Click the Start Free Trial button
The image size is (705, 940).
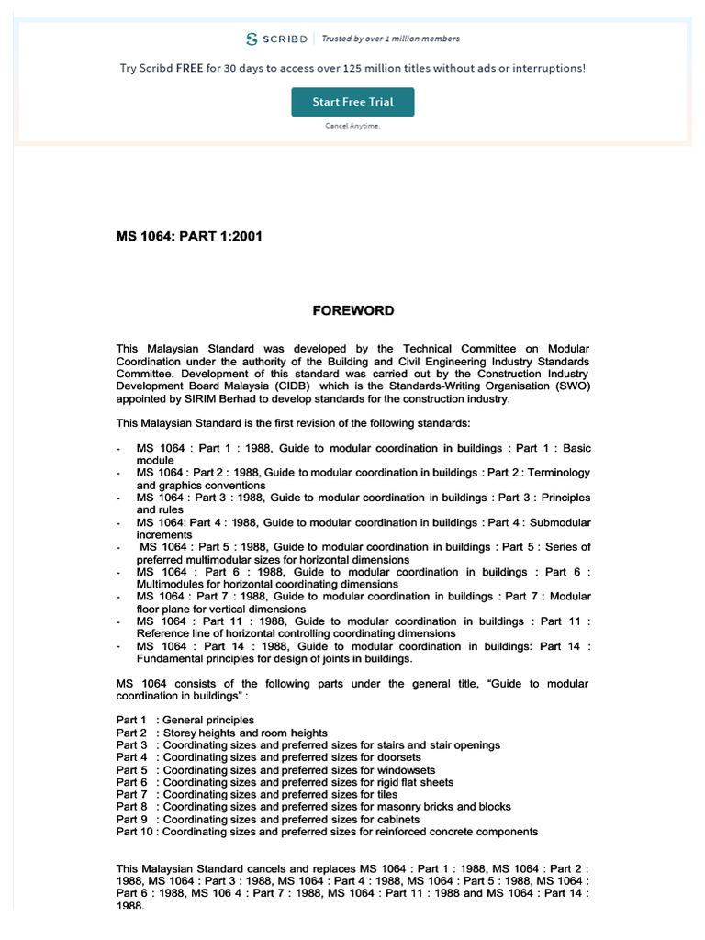[x=352, y=102]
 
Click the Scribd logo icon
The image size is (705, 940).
[x=252, y=39]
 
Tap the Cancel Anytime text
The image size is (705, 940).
[x=352, y=126]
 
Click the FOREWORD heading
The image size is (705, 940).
[x=353, y=310]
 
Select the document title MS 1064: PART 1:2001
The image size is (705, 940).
[x=189, y=236]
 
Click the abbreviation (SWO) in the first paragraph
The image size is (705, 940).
[x=570, y=386]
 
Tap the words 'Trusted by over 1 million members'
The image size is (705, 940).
[x=390, y=39]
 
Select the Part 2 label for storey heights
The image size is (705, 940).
[x=131, y=733]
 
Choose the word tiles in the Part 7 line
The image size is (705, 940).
[x=386, y=794]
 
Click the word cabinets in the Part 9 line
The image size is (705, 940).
[x=397, y=819]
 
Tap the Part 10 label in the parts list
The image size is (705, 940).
[x=134, y=832]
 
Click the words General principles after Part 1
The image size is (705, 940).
[x=208, y=720]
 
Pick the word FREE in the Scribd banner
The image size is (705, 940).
[x=190, y=68]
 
